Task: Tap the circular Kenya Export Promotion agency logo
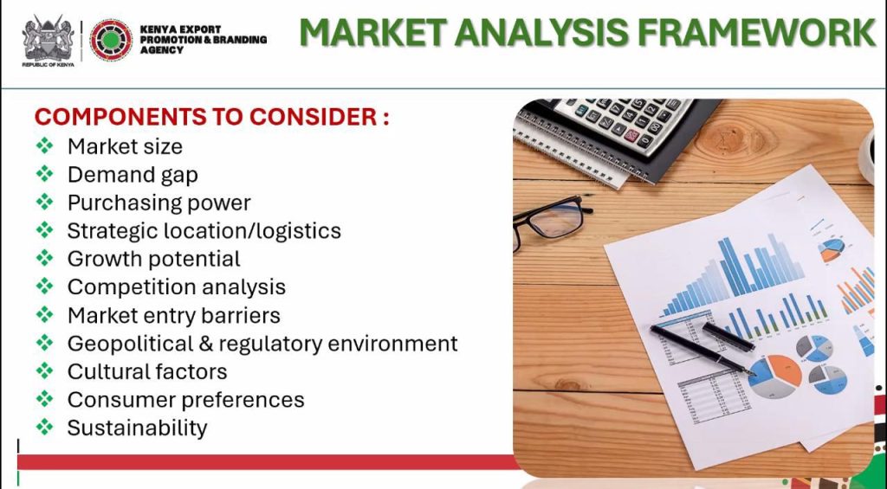point(112,40)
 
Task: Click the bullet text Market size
point(125,147)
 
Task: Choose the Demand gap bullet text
point(133,175)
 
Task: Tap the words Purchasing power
point(159,203)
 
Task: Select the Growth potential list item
point(154,259)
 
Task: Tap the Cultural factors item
point(147,371)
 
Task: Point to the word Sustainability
point(138,428)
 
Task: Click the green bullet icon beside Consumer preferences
point(45,399)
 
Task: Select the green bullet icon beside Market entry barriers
point(45,315)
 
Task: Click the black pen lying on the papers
point(702,350)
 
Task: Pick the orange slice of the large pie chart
point(787,370)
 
